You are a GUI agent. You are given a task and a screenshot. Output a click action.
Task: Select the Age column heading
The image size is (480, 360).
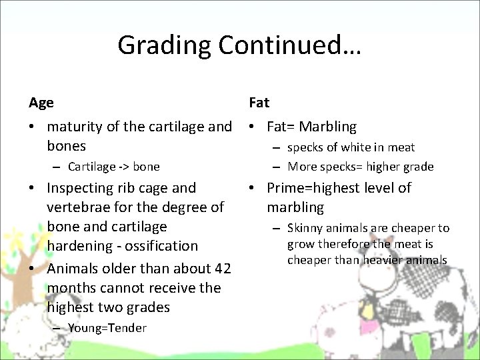point(41,103)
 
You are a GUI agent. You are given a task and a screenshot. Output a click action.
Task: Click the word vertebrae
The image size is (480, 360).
point(79,208)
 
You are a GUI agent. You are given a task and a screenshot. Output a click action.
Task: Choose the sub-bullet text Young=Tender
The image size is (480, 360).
point(107,328)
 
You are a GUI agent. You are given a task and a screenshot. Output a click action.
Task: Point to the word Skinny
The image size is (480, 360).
point(305,229)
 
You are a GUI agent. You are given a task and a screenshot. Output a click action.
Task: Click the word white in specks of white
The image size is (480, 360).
point(355,147)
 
